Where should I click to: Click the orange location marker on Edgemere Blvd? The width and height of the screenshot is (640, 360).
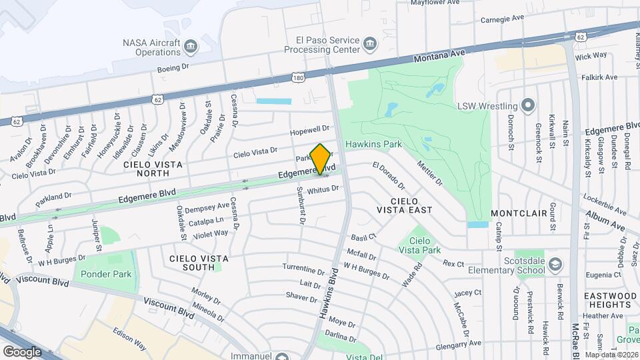321,159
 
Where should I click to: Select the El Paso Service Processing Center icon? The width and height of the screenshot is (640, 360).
369,45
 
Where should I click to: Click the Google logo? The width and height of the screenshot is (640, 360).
22,351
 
